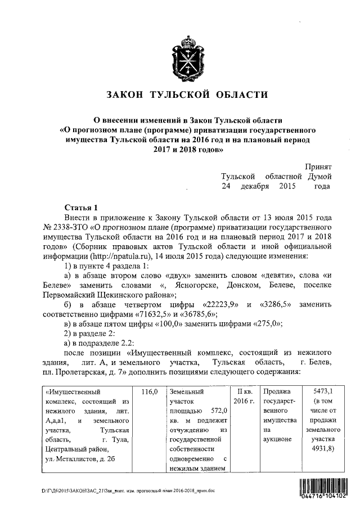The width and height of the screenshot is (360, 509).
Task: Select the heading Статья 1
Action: tap(82, 206)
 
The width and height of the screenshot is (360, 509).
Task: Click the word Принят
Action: tap(318, 167)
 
